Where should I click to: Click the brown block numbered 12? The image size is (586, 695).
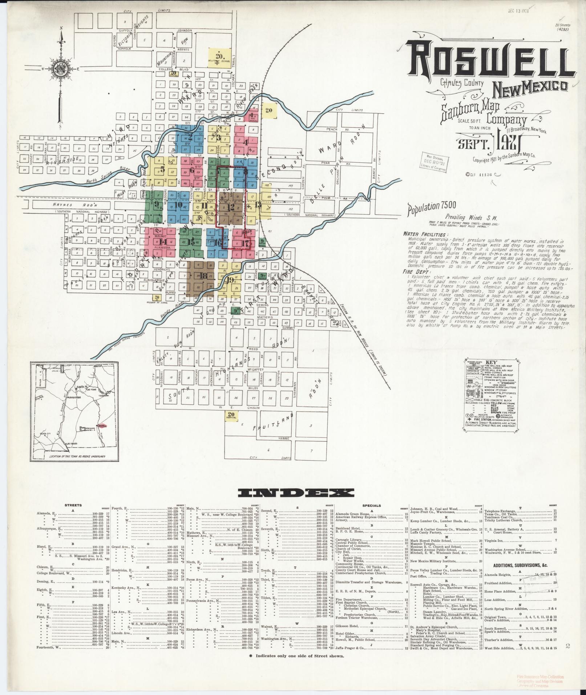point(230,208)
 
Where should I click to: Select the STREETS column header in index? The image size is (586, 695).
point(73,505)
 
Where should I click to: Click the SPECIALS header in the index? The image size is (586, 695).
point(372,505)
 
